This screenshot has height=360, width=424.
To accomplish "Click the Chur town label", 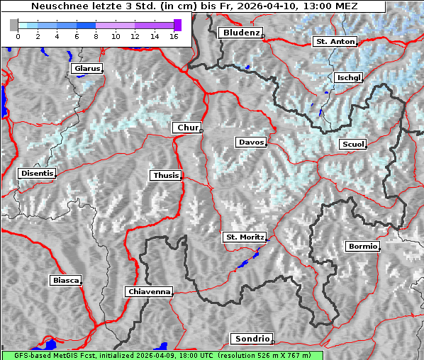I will click(187, 128).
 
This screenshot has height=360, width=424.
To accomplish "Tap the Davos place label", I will click(251, 142).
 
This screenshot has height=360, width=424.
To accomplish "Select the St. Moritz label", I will click(244, 237).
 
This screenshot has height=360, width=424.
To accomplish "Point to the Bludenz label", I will click(240, 33).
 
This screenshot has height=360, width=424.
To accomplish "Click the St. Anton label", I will click(334, 42).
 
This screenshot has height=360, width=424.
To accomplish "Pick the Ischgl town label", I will click(349, 77).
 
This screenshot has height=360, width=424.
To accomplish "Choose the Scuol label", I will click(352, 145).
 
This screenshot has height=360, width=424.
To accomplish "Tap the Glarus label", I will click(86, 69).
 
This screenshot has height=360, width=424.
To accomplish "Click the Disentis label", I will click(36, 173).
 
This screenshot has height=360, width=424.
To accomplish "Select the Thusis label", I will click(166, 175).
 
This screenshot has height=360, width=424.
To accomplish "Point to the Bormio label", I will click(362, 247).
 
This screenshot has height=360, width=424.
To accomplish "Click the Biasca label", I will click(65, 281).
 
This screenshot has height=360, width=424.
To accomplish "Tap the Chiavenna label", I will click(149, 291).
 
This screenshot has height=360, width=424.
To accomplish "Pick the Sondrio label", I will click(251, 339).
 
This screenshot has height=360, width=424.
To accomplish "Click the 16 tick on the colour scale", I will click(173, 35).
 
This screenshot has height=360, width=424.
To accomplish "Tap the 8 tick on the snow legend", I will click(96, 35).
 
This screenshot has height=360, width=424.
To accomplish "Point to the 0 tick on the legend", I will click(18, 35).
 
